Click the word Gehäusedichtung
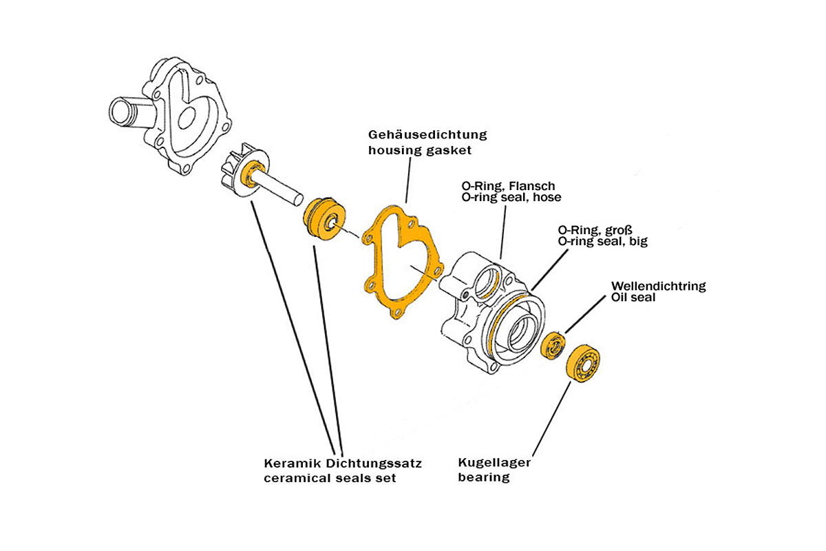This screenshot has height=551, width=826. point(427,134)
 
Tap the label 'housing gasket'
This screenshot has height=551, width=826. point(420,149)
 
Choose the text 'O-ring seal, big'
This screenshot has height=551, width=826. point(602,242)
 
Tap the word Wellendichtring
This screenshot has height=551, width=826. point(659,286)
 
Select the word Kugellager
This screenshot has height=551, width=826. point(494,463)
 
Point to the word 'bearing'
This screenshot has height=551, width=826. point(484,477)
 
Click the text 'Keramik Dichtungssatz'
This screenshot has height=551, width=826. point(343,464)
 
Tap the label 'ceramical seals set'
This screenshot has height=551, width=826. point(330,478)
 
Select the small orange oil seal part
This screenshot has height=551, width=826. point(553,345)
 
